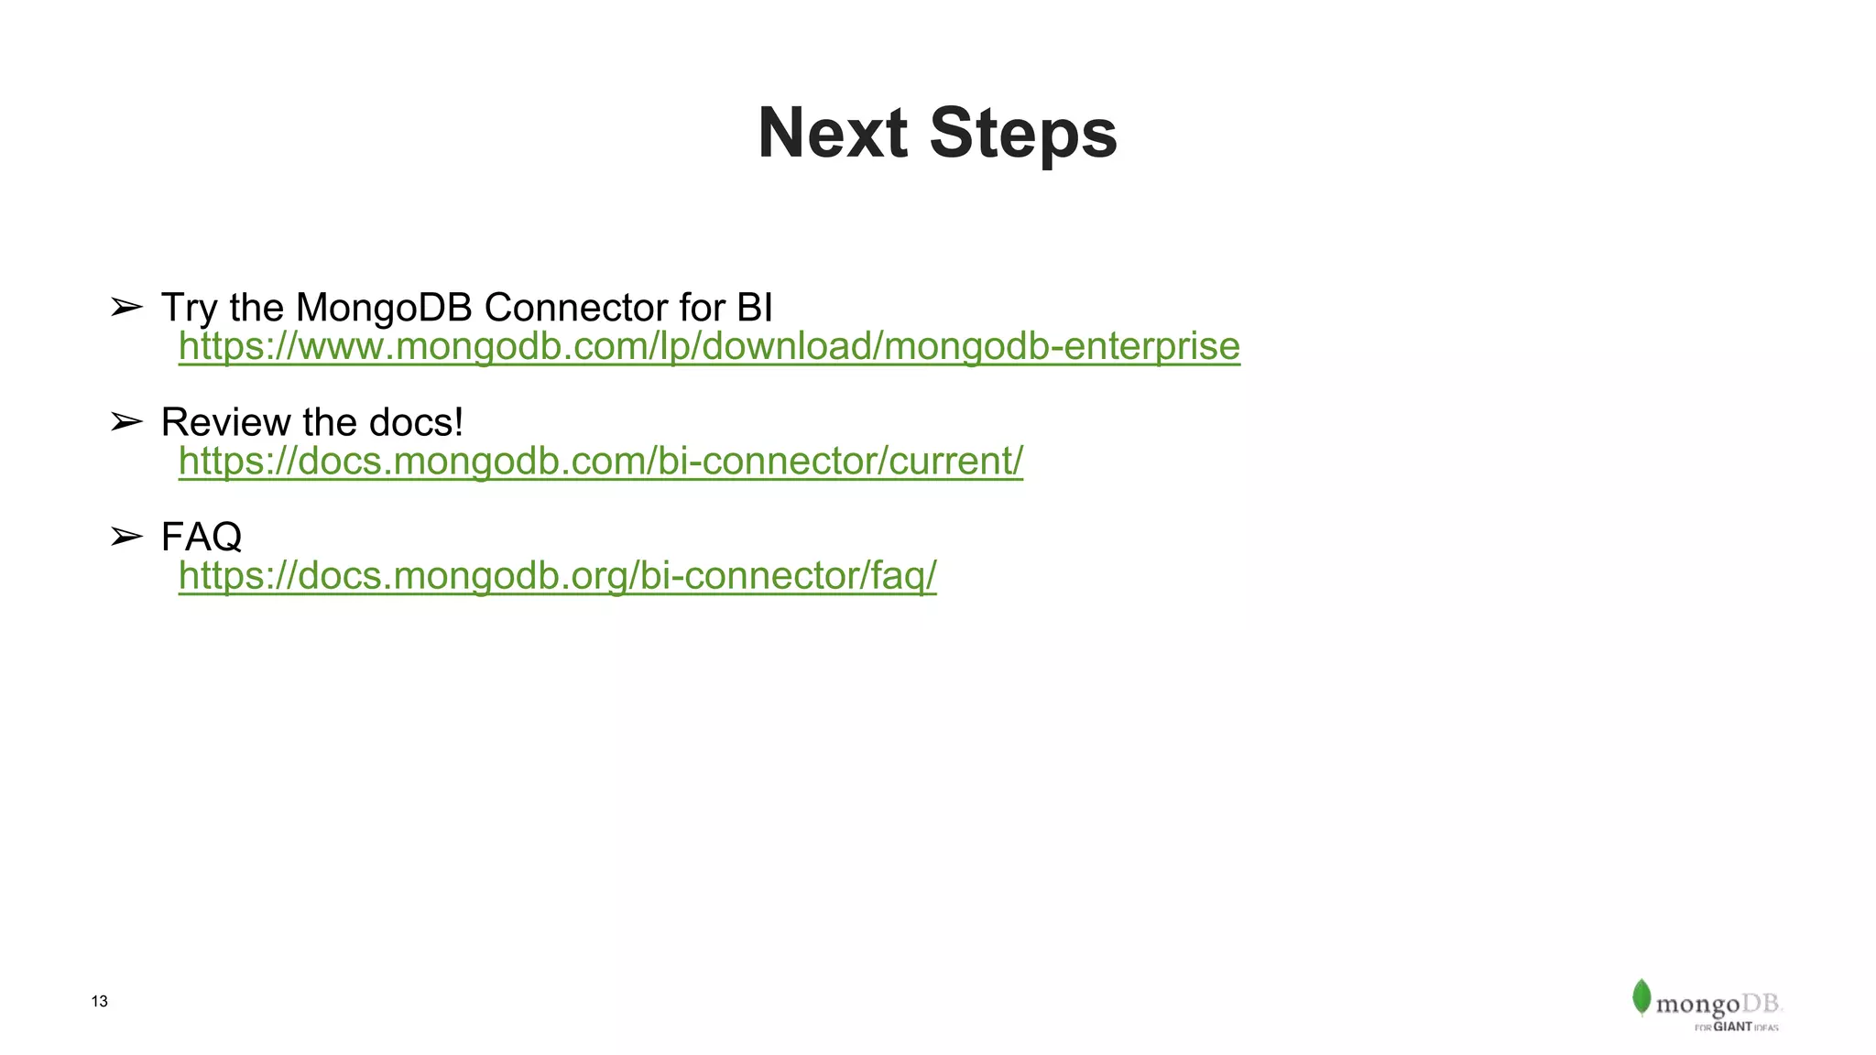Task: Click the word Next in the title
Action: click(x=833, y=134)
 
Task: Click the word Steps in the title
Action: click(x=1023, y=134)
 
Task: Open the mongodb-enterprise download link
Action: click(x=709, y=347)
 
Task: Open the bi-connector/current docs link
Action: click(x=600, y=462)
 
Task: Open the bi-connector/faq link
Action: click(x=557, y=576)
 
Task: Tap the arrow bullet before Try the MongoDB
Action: click(x=126, y=308)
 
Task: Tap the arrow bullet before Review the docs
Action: click(x=126, y=422)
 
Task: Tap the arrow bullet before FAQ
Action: click(x=126, y=537)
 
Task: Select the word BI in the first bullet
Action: click(x=754, y=308)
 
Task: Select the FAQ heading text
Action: click(x=202, y=537)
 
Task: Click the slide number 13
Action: click(x=100, y=1002)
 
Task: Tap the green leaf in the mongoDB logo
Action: click(x=1641, y=997)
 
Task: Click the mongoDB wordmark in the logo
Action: click(x=1718, y=1005)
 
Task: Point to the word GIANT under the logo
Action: click(x=1732, y=1028)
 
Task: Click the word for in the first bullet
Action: click(x=702, y=308)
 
